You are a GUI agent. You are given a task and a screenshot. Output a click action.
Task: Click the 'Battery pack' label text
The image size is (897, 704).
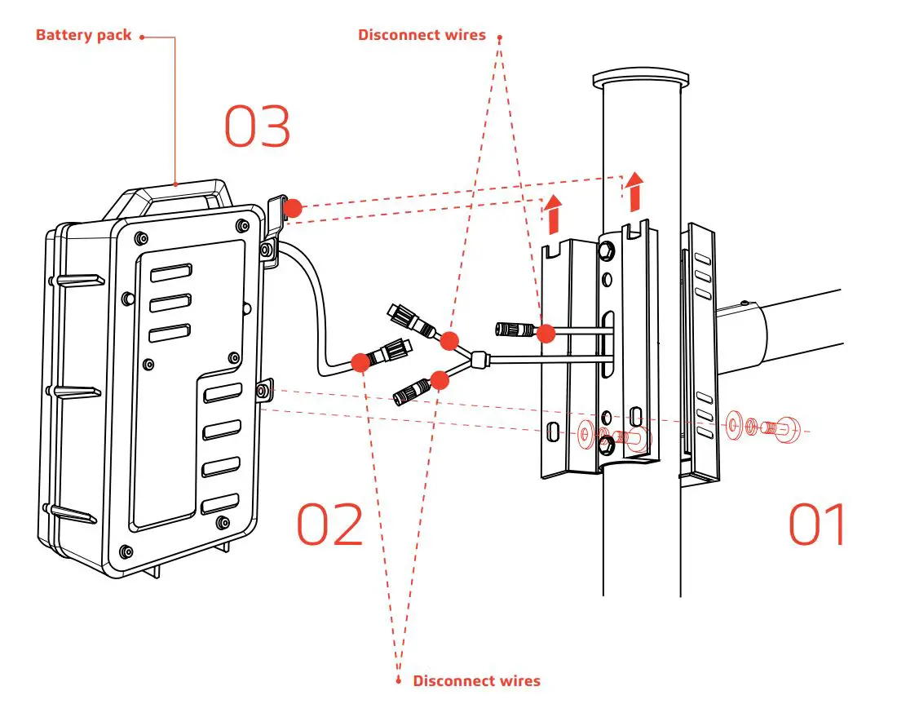(83, 36)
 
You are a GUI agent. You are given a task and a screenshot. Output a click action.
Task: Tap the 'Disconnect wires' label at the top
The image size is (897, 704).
(422, 35)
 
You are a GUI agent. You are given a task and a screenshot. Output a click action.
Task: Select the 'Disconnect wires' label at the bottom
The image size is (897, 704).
(476, 680)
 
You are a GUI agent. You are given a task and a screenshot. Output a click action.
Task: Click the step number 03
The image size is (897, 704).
(258, 127)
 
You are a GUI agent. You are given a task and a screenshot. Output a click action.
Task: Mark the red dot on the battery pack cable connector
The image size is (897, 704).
(359, 361)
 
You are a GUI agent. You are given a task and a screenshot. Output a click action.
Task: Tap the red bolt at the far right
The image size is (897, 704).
(788, 427)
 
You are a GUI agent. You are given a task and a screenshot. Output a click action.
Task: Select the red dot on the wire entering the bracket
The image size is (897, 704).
(546, 332)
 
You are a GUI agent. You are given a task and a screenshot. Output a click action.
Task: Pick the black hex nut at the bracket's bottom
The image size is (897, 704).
(608, 445)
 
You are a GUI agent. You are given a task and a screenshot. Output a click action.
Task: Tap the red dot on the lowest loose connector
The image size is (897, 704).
(440, 379)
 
